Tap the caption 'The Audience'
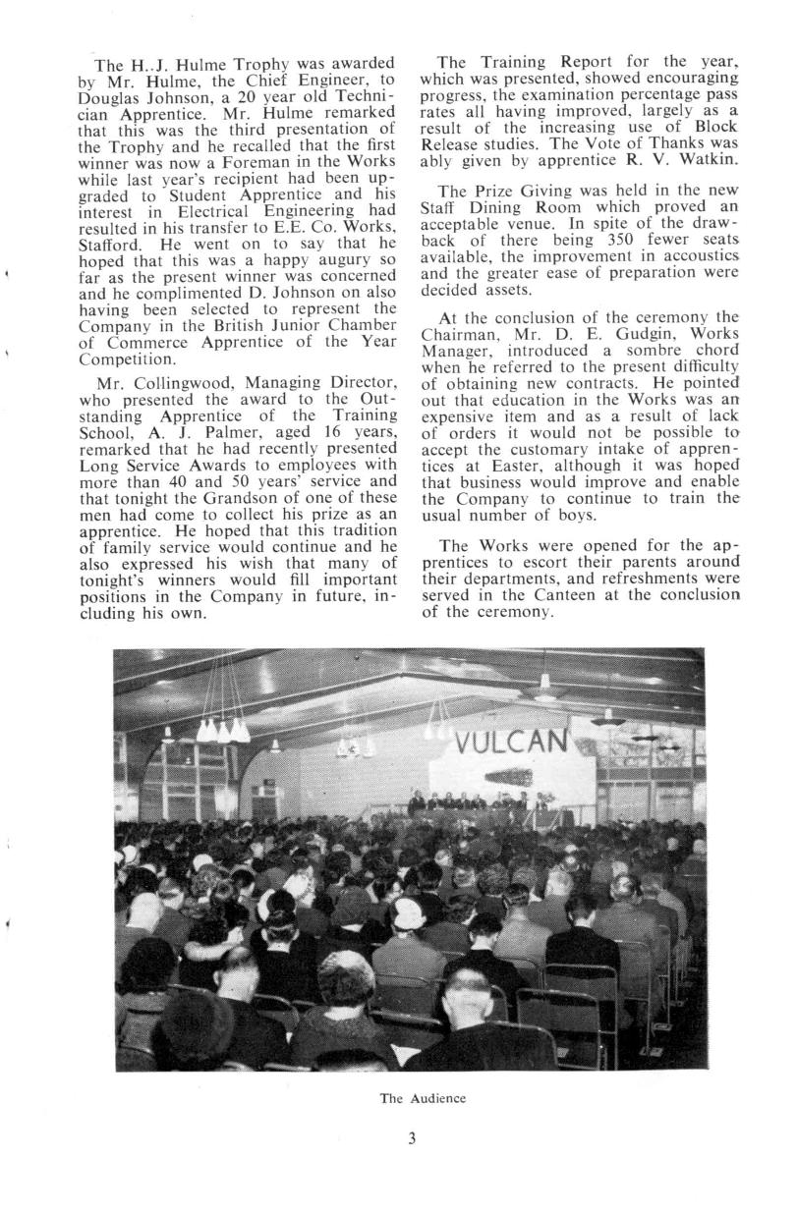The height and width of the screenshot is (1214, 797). point(422,1098)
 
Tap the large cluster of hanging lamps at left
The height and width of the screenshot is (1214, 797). point(221,729)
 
